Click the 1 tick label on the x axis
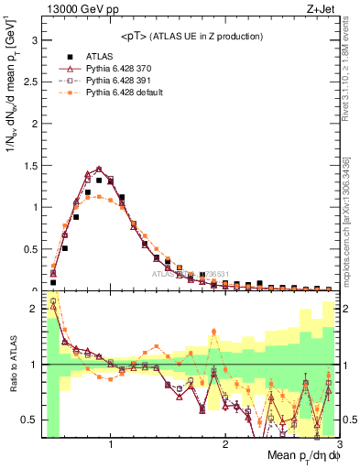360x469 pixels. tap(111, 446)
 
